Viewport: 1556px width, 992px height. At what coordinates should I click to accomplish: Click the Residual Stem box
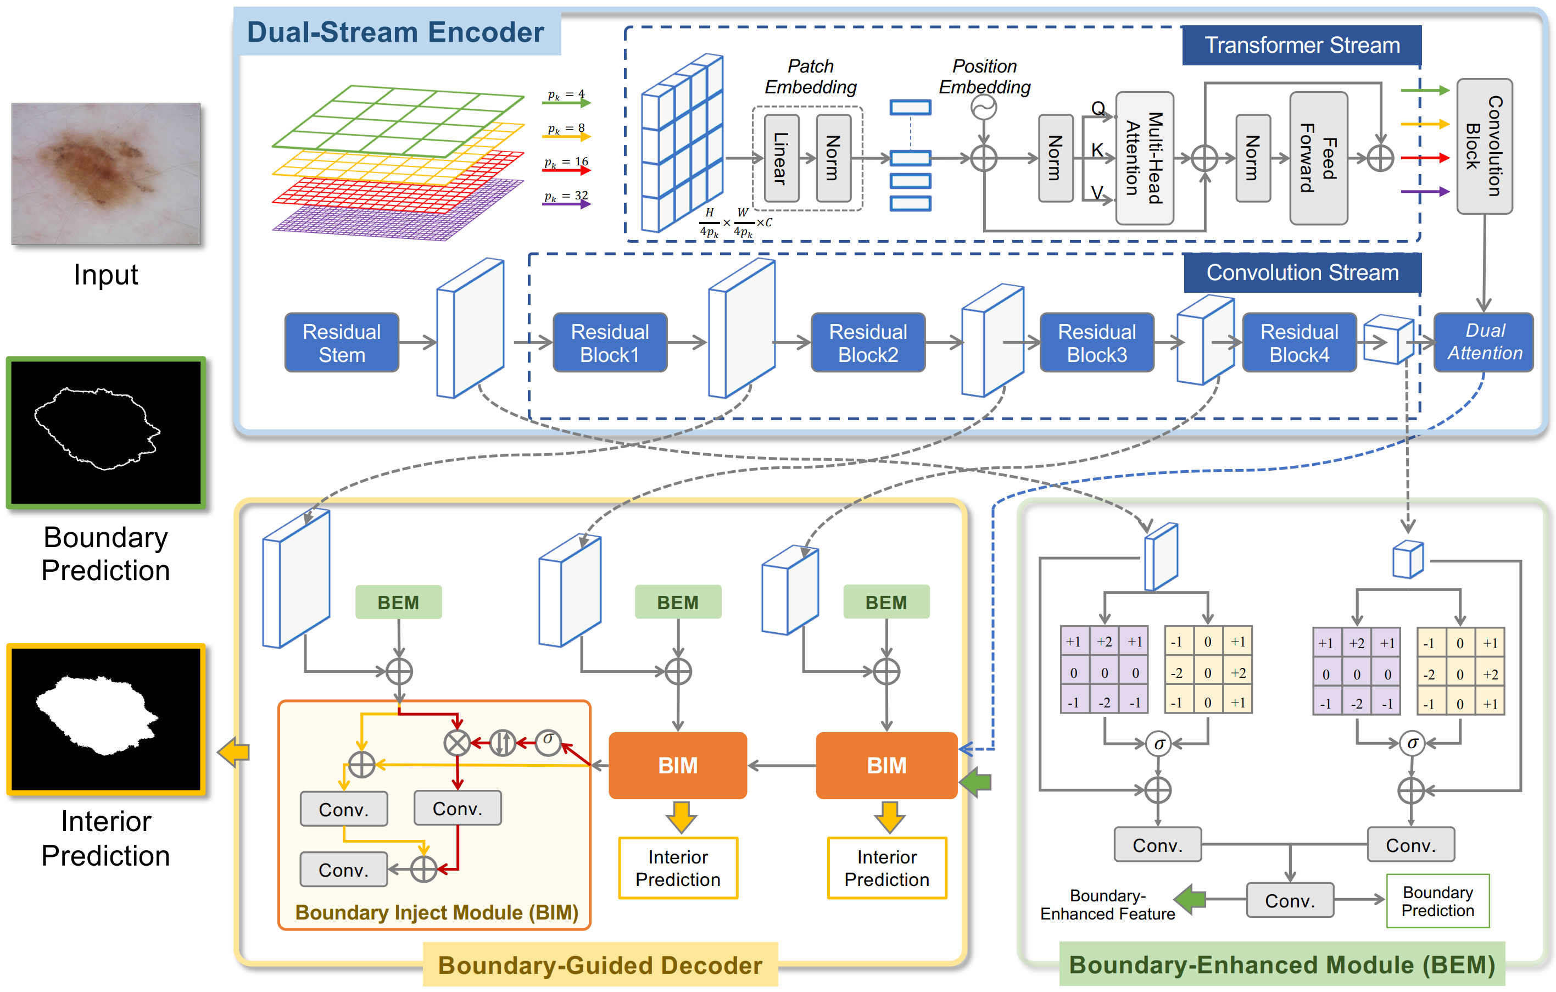341,343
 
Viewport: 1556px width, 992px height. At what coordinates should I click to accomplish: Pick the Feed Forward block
1318,158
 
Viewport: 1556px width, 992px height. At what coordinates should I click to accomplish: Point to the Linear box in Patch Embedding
781,158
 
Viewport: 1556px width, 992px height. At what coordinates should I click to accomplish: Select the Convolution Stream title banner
1302,273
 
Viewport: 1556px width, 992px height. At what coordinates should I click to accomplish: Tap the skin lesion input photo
106,173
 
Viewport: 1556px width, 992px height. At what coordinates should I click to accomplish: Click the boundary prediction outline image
106,432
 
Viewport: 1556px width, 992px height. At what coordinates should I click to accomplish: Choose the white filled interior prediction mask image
106,718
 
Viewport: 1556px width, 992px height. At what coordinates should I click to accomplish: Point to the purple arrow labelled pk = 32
567,204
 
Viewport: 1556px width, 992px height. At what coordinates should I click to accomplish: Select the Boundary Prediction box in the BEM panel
1437,901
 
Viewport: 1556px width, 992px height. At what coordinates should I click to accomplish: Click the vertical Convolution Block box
1484,146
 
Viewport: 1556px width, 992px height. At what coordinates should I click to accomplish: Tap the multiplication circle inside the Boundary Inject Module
457,743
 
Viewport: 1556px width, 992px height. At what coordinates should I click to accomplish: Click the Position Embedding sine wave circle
984,107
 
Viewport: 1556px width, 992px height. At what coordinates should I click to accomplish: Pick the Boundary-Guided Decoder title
600,965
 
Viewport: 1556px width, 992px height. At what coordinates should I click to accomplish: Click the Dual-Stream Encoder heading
395,32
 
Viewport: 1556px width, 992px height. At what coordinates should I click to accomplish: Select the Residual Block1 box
609,343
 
